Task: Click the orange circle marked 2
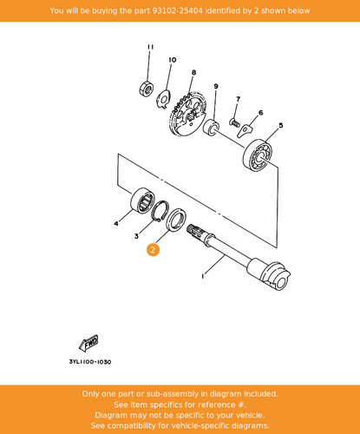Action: [153, 250]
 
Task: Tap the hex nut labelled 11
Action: [146, 89]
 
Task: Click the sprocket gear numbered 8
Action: [189, 114]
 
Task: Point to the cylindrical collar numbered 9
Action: [211, 127]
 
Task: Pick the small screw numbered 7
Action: [234, 122]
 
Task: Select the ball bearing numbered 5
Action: [258, 155]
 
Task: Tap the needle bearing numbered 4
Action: [142, 201]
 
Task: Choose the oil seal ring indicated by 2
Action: [176, 220]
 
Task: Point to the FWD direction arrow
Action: [89, 343]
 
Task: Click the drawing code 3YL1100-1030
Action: [90, 362]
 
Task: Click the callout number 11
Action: [150, 47]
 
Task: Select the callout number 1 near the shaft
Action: [203, 276]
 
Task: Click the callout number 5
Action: [280, 125]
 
